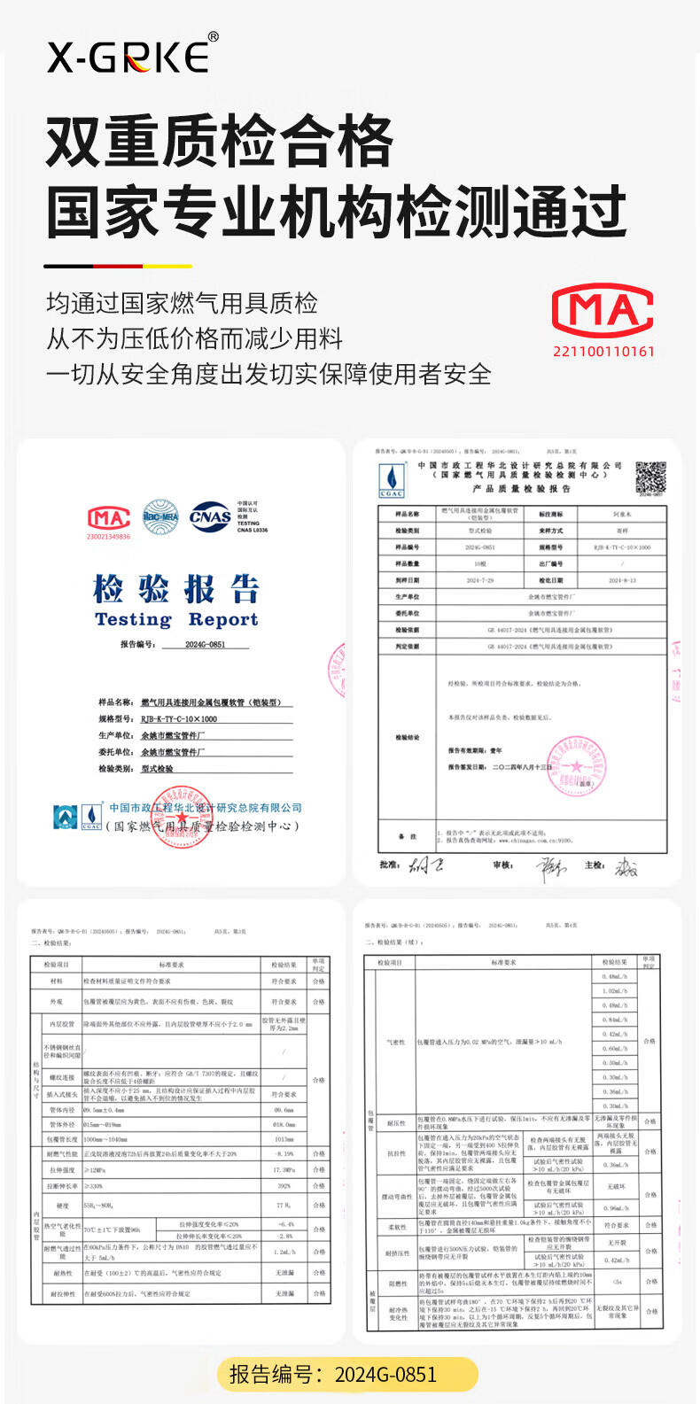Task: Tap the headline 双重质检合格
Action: pos(219,142)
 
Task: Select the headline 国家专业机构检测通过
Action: pos(336,213)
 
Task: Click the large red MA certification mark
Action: pos(603,311)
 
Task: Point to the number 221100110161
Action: pos(603,352)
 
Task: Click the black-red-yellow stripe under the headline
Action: pos(117,266)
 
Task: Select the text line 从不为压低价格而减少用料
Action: pos(194,338)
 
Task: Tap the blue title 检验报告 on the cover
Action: pos(176,589)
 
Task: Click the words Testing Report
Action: pos(176,620)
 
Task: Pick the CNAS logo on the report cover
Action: pos(210,516)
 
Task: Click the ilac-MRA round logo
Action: pos(160,516)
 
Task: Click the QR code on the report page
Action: pos(650,477)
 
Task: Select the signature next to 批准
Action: pos(424,865)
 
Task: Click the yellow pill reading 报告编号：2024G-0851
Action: pos(348,1375)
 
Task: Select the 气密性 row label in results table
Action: pos(395,1042)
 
